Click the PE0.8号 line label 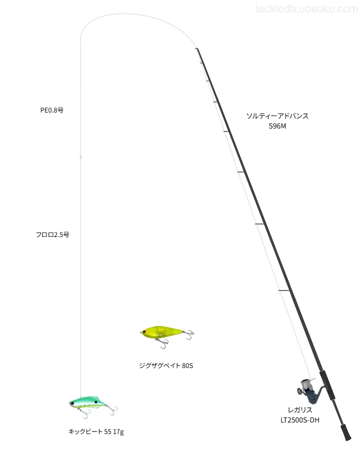(x=52, y=110)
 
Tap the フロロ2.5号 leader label (x=52, y=234)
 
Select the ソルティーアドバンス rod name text (x=277, y=115)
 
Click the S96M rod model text (x=277, y=126)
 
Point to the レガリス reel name (x=300, y=410)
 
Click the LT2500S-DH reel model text (x=300, y=420)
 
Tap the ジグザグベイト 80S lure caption (x=166, y=365)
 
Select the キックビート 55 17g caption (x=96, y=431)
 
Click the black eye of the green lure (x=96, y=402)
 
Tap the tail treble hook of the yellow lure (x=189, y=334)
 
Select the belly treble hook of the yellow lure (x=163, y=343)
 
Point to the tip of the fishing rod (x=196, y=48)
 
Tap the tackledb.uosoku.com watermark (x=306, y=9)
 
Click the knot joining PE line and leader (x=80, y=156)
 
